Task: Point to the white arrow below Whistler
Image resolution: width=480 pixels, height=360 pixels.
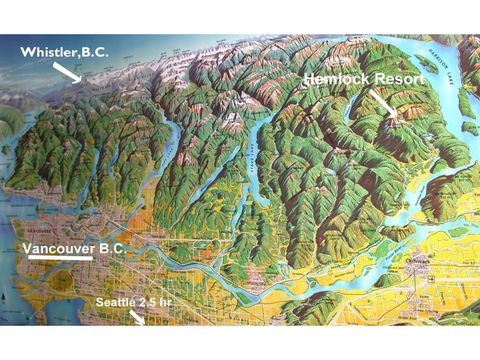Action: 68,71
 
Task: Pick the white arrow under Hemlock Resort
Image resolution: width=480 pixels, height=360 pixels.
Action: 382,103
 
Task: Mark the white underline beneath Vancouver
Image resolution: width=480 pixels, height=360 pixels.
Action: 60,258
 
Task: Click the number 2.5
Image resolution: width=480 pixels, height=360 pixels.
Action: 149,300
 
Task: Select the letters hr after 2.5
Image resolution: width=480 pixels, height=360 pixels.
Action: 168,300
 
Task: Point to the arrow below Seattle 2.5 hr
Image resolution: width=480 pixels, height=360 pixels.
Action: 137,317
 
